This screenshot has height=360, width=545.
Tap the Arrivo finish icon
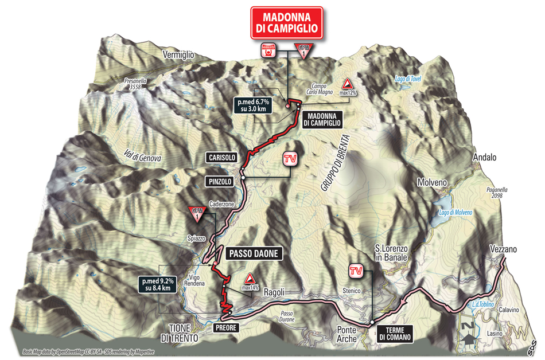point(267,49)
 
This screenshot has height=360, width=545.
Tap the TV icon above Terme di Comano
point(356,269)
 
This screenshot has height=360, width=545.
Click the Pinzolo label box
point(220,181)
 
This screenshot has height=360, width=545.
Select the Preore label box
point(224,327)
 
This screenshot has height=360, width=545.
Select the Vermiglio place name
point(179,54)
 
